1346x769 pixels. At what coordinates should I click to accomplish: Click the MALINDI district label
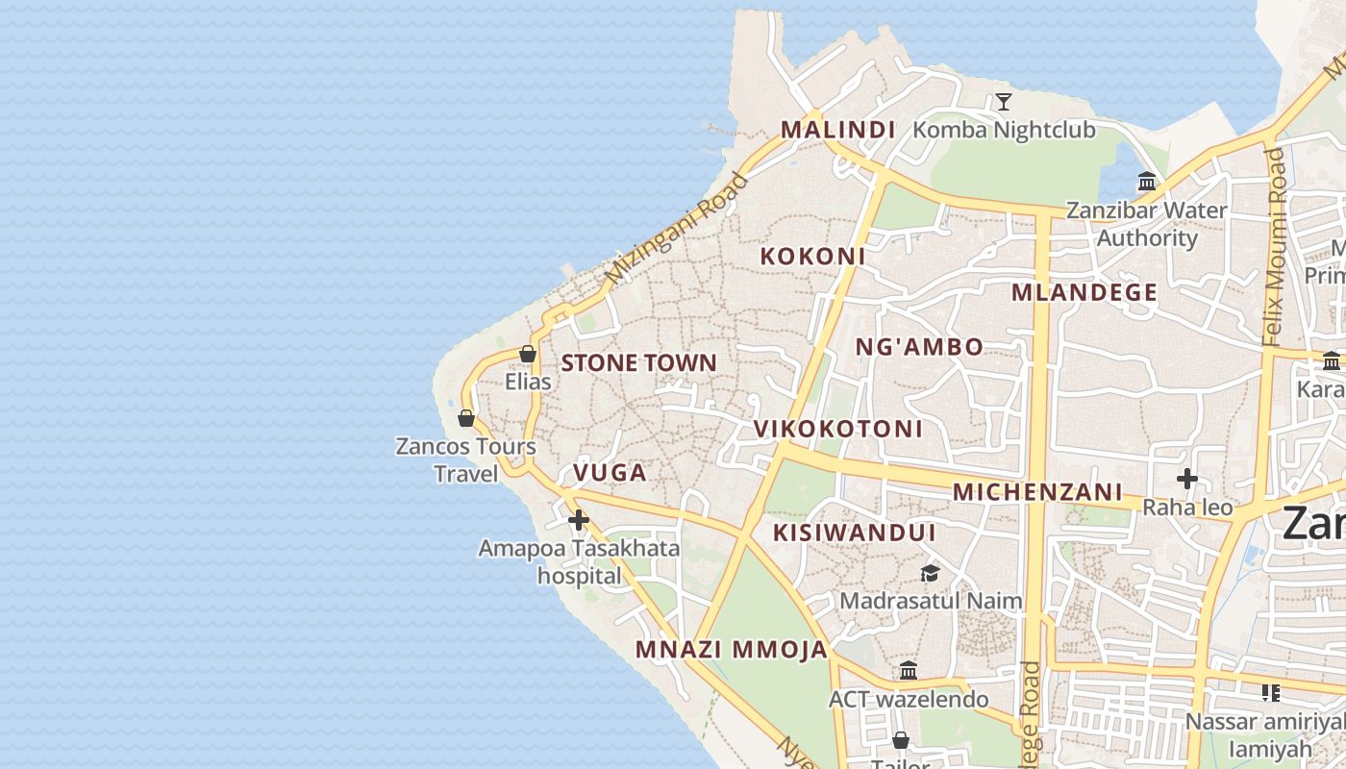point(837,129)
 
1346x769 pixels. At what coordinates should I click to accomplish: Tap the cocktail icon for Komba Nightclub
point(1004,101)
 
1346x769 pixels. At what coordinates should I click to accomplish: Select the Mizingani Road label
point(677,228)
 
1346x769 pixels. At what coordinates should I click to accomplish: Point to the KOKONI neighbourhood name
point(812,257)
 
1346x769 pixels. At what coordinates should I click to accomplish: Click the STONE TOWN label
point(638,363)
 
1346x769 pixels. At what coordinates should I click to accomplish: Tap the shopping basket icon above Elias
point(528,354)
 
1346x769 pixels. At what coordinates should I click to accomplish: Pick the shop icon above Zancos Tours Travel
point(466,418)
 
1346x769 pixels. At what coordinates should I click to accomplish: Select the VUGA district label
point(610,473)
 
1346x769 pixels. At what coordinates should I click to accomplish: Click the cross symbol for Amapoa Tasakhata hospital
point(578,520)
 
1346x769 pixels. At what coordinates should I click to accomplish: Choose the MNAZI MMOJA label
point(731,650)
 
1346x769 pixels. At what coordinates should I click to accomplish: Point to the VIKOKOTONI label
point(837,430)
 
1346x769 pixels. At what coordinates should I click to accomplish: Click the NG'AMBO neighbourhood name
point(919,347)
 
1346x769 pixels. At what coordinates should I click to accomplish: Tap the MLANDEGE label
point(1084,293)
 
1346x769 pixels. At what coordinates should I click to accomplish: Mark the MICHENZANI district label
point(1036,492)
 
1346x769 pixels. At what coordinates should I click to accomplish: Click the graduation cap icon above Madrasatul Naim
point(930,573)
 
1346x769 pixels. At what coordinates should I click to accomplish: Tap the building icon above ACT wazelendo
point(909,670)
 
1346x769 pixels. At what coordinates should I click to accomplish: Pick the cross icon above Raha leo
point(1187,478)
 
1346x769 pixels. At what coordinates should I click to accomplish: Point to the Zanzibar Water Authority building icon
point(1147,181)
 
